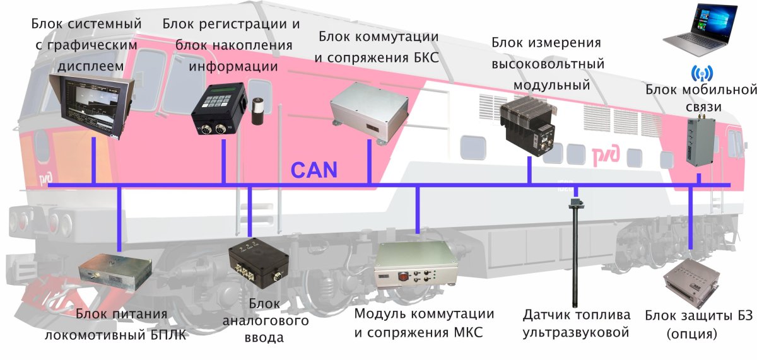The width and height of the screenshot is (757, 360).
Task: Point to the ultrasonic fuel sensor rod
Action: [574, 252]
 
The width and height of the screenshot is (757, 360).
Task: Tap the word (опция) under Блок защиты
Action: [691, 335]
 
